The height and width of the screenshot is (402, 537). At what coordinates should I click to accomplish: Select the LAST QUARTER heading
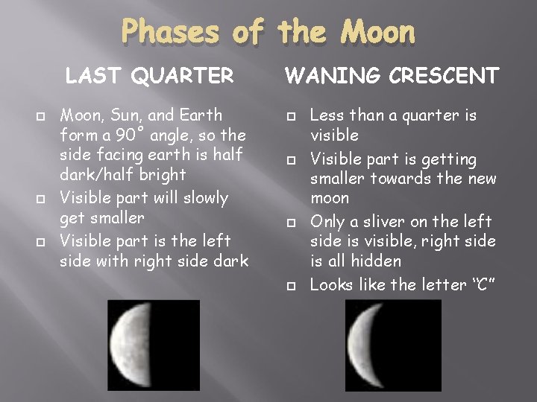pyautogui.click(x=149, y=76)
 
